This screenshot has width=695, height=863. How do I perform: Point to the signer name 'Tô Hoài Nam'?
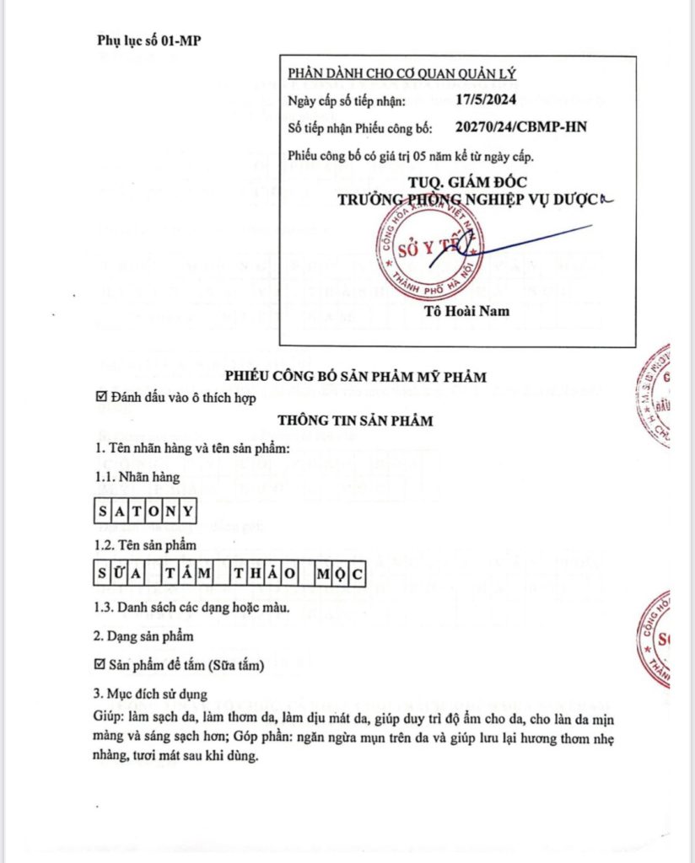(466, 310)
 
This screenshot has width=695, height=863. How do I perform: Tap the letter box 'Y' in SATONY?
(189, 511)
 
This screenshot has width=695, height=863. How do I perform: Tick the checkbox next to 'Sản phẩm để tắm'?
(100, 665)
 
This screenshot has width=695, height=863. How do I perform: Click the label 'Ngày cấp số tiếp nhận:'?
(347, 101)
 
